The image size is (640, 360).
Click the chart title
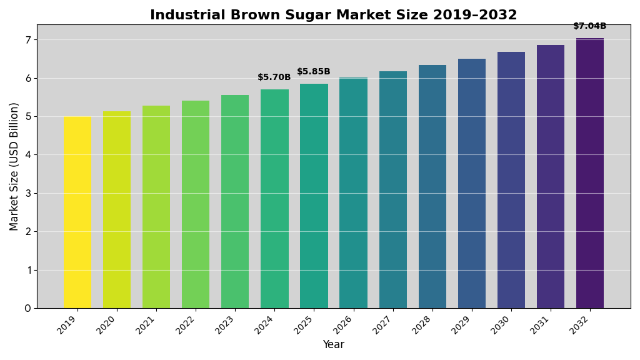[333, 15]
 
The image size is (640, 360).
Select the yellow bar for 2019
[77, 212]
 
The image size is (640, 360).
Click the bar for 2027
[392, 190]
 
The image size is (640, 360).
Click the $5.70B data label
[274, 77]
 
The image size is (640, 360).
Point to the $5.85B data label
[314, 72]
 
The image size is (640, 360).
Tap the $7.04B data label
[590, 26]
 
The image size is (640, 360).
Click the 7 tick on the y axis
[27, 40]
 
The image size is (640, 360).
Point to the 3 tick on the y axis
[27, 193]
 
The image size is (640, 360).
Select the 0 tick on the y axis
[27, 308]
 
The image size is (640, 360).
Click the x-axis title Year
[333, 345]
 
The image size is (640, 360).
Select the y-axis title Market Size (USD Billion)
[14, 166]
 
